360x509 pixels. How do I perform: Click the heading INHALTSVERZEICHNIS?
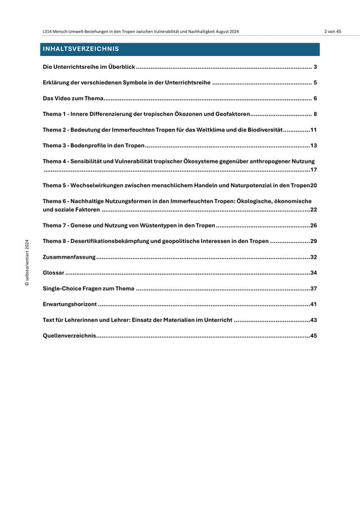pos(80,49)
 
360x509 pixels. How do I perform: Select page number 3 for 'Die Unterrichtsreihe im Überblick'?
pos(315,68)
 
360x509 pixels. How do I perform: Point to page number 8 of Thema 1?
pos(315,114)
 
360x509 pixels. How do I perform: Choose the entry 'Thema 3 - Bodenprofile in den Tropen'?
pos(93,145)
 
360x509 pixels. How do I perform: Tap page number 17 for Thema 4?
pos(313,170)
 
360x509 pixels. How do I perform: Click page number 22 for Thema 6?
pos(313,210)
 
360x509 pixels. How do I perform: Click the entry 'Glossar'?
pos(53,273)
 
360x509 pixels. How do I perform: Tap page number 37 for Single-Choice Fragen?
pos(313,289)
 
